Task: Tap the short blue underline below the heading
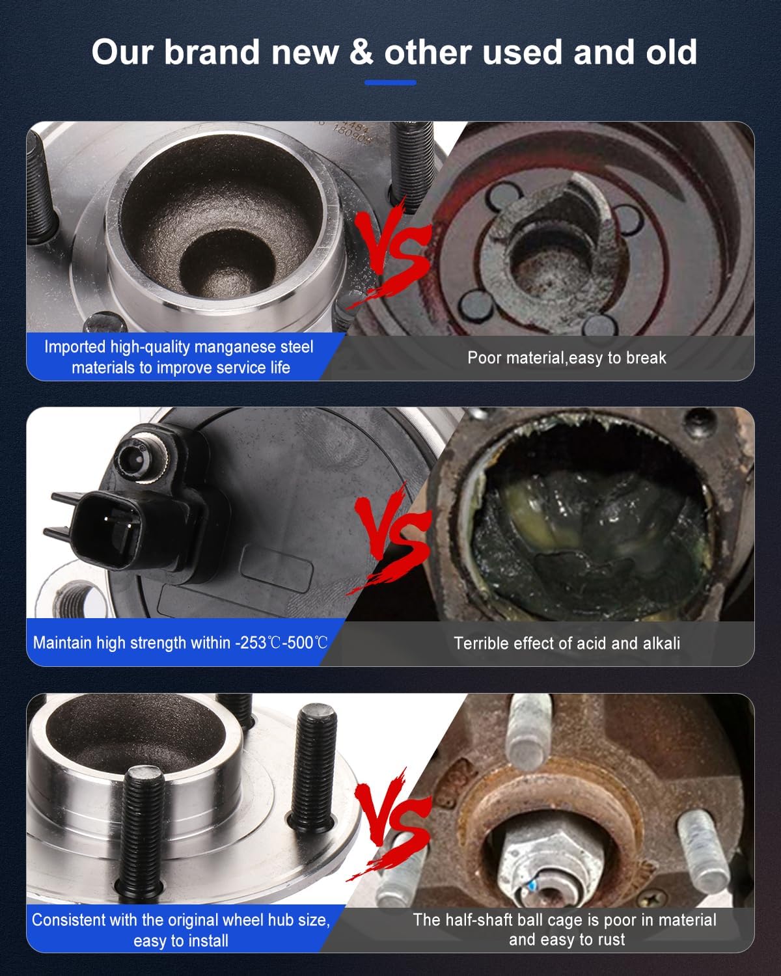(390, 83)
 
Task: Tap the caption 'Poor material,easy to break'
(566, 357)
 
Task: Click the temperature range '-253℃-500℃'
(281, 643)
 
